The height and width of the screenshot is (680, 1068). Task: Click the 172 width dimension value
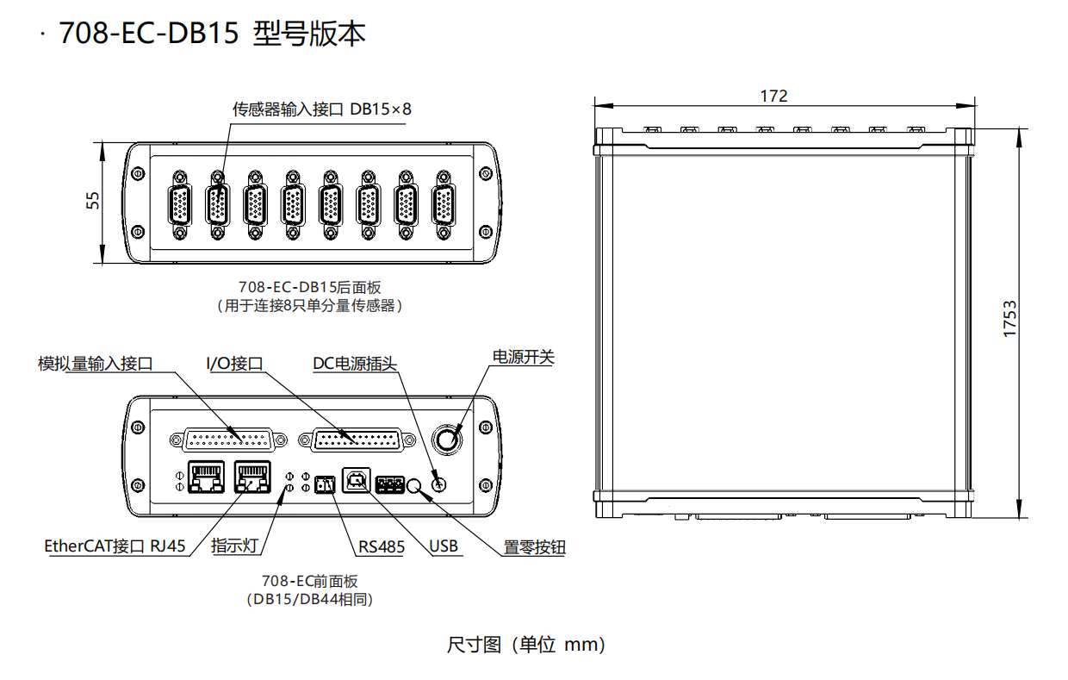[773, 96]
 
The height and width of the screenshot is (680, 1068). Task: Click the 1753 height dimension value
[1009, 319]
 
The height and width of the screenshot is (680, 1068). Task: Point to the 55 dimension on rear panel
[93, 200]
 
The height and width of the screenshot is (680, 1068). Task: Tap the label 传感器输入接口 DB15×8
[322, 109]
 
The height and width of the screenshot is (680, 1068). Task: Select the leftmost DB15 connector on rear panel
[180, 205]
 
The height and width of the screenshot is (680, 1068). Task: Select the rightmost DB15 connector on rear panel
[444, 205]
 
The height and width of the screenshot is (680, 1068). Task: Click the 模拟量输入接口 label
[96, 364]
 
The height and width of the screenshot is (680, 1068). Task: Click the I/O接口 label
[234, 364]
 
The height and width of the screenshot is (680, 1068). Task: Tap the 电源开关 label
[523, 357]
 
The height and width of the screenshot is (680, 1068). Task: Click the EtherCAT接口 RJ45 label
[115, 546]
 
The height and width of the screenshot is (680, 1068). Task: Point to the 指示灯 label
[235, 546]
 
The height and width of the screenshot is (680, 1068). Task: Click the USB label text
[444, 546]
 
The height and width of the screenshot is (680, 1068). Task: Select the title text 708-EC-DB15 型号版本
[213, 34]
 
